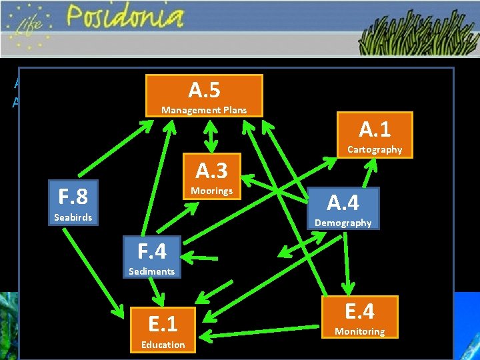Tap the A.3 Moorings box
pyautogui.click(x=211, y=177)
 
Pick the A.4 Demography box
pyautogui.click(x=343, y=209)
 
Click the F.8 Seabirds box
pyautogui.click(x=73, y=203)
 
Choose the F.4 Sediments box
pyautogui.click(x=151, y=257)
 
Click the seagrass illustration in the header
pyautogui.click(x=417, y=37)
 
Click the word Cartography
pyautogui.click(x=375, y=150)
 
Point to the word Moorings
pyautogui.click(x=211, y=191)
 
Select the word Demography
pyautogui.click(x=343, y=223)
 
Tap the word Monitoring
pyautogui.click(x=359, y=331)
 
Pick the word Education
pyautogui.click(x=163, y=345)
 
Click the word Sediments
pyautogui.click(x=151, y=271)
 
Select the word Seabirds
pyautogui.click(x=73, y=218)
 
